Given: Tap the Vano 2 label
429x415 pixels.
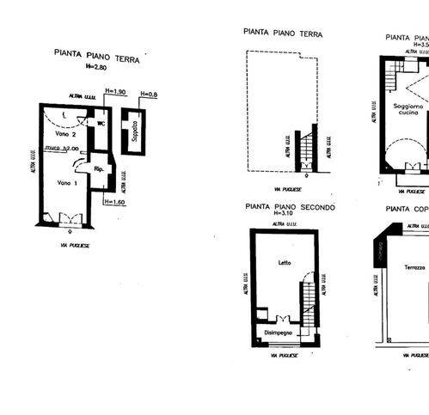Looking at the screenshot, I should tap(68, 135).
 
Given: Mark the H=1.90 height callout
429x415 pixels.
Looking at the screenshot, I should tap(115, 91).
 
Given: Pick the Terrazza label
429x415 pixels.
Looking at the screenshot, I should tap(409, 267).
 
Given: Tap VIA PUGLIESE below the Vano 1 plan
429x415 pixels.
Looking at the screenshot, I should tap(69, 245).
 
